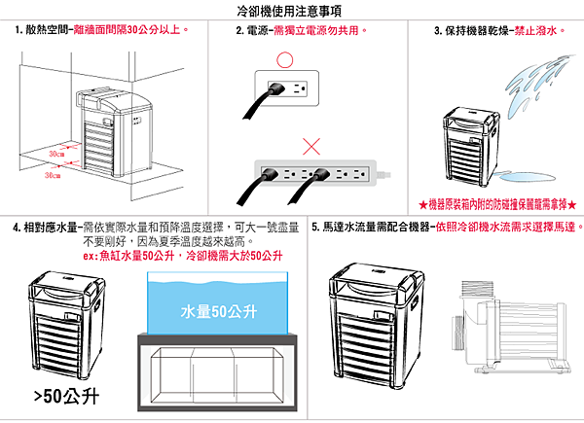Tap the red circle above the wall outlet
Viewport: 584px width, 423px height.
click(x=284, y=58)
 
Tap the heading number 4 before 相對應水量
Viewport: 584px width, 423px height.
click(x=18, y=228)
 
